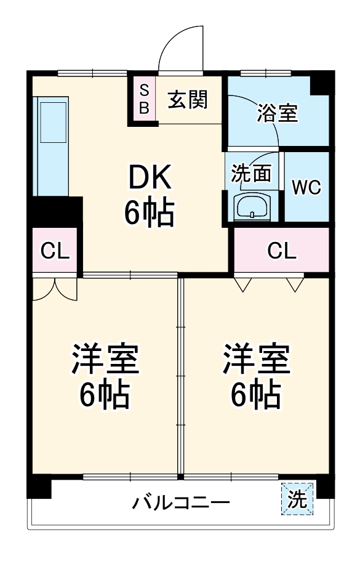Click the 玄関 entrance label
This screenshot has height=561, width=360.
[188, 99]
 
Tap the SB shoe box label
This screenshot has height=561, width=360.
[144, 99]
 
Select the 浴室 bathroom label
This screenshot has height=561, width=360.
[278, 113]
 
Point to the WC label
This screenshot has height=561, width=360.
[306, 187]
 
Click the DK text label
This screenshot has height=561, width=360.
[148, 179]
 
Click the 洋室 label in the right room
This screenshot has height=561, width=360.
[255, 360]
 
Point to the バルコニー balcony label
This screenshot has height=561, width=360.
[181, 503]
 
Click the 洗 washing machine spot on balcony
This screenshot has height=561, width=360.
[298, 499]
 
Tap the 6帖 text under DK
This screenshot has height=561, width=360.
[150, 212]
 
